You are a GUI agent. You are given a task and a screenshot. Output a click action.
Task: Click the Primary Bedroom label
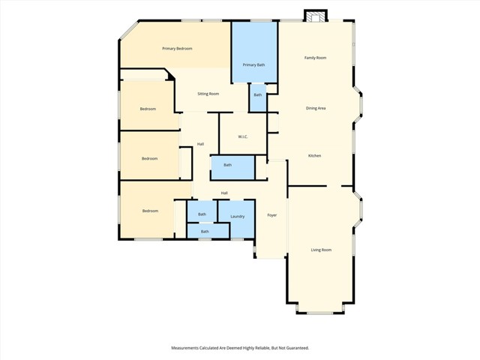[x=178, y=49]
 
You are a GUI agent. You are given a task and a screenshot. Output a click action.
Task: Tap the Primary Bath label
[x=253, y=65]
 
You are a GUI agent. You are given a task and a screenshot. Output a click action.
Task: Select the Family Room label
[x=315, y=58]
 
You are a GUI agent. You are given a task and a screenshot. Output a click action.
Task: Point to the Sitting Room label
[x=208, y=94]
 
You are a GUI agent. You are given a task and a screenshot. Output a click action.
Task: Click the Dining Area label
[x=315, y=108]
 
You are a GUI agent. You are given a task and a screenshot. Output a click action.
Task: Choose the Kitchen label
[x=315, y=156]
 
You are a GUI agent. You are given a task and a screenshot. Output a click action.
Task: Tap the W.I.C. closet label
[x=243, y=136]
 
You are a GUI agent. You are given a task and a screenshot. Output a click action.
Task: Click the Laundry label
[x=237, y=217]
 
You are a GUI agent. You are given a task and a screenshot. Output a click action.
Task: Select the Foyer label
[x=272, y=215]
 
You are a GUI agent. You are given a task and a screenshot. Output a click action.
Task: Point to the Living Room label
[x=321, y=250]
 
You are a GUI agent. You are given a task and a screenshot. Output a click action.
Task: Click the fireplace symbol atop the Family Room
[x=316, y=16]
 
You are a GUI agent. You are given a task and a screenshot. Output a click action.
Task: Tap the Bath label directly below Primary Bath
[x=258, y=95]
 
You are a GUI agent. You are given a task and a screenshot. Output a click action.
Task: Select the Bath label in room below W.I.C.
[x=227, y=165]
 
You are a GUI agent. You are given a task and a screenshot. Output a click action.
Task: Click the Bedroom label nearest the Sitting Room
[x=148, y=109]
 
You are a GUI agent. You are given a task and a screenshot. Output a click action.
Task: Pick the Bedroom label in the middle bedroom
[x=150, y=158]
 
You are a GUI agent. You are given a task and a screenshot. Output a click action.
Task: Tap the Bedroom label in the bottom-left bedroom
[x=150, y=211]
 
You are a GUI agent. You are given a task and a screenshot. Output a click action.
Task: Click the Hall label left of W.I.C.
[x=200, y=144]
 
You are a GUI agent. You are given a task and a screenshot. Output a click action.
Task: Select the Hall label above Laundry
[x=224, y=193]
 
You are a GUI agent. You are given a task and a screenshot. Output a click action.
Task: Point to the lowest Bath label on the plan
[x=205, y=232]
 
